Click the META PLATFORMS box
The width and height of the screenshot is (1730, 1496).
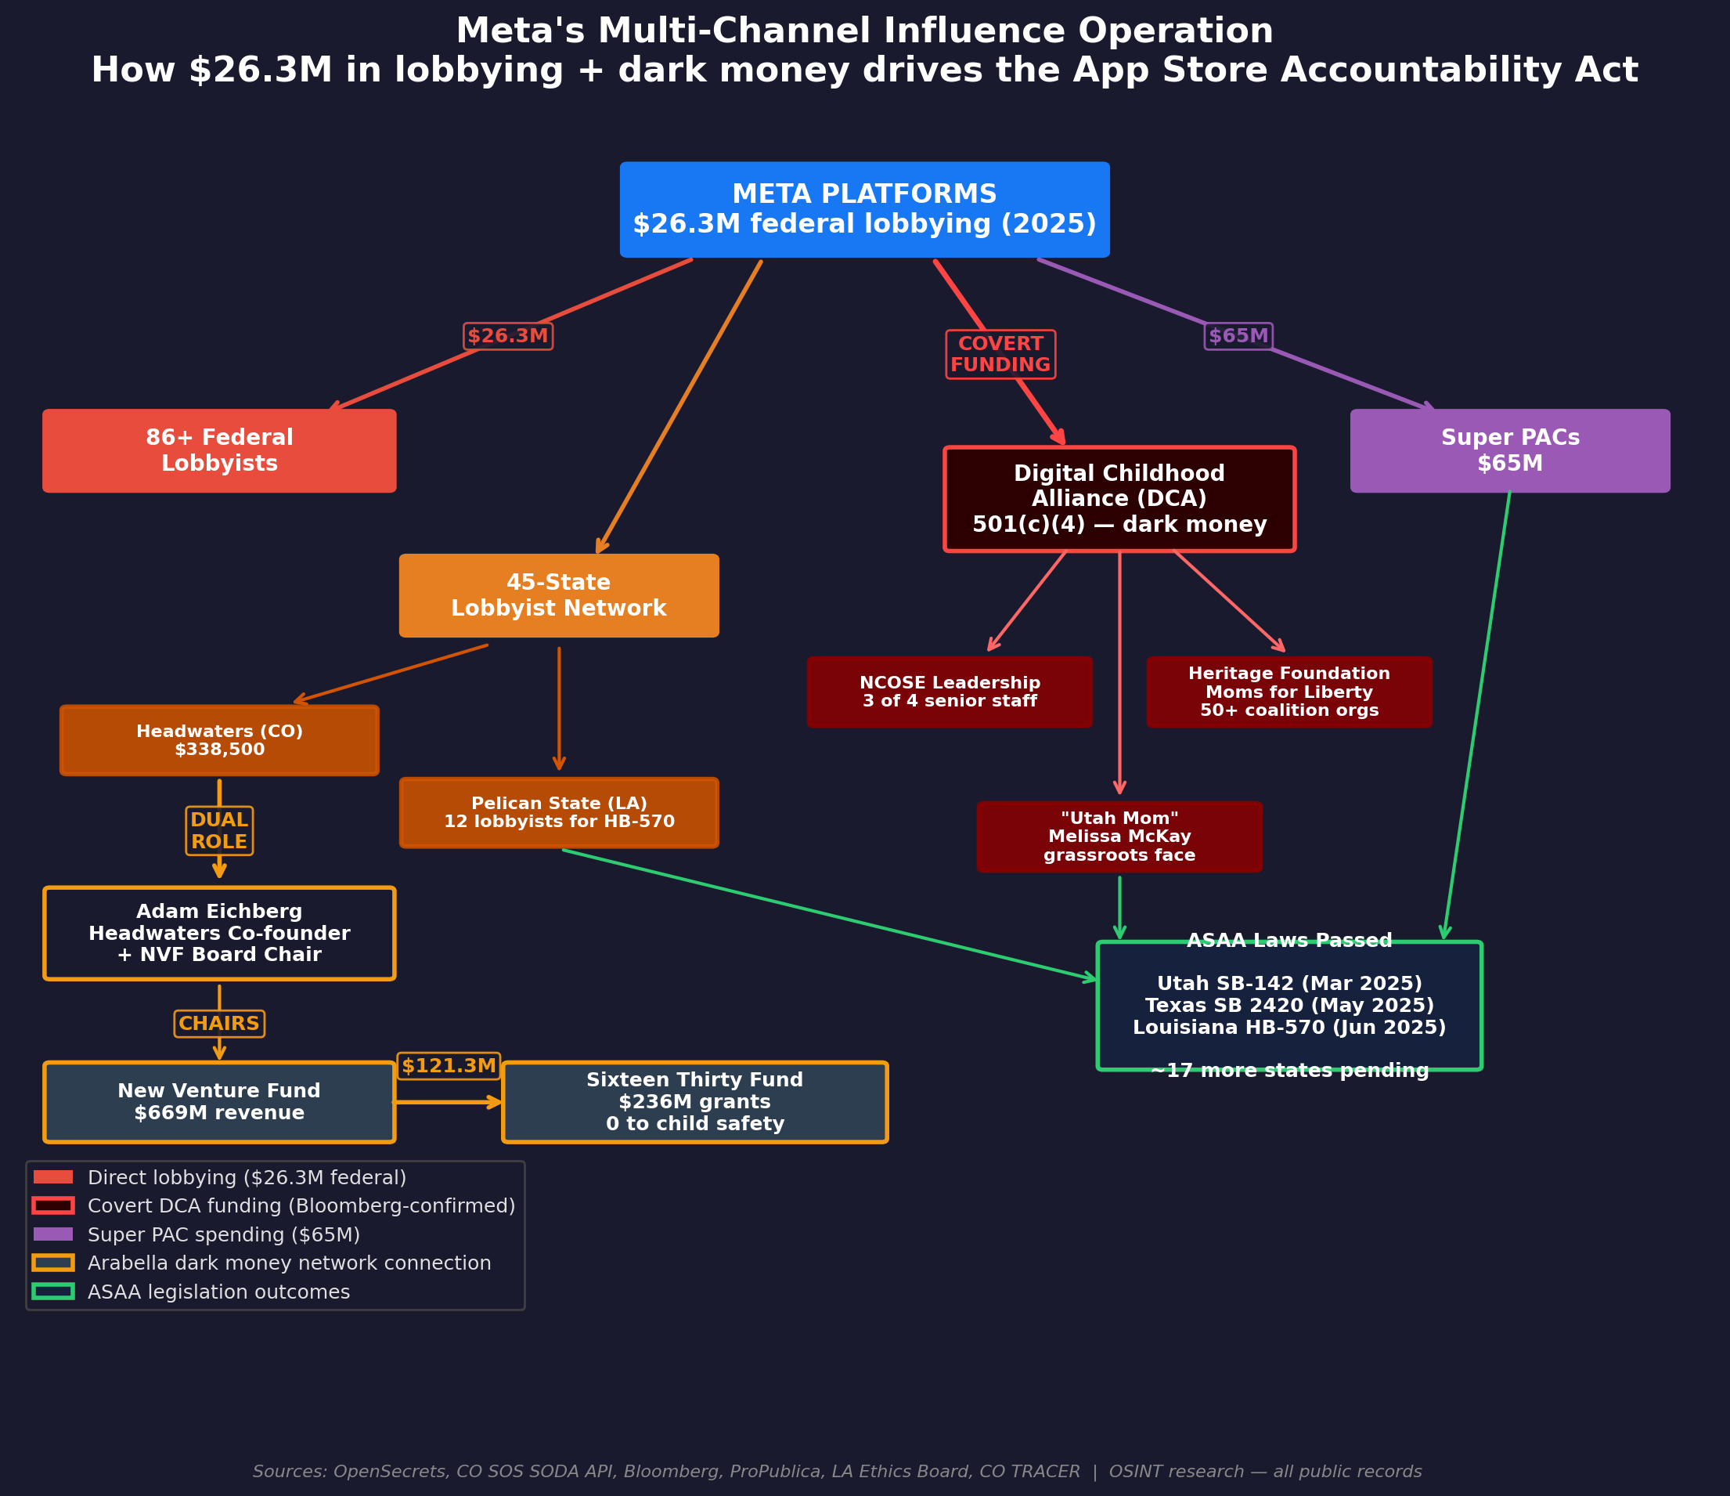click(864, 210)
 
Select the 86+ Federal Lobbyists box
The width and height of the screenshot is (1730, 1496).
click(220, 451)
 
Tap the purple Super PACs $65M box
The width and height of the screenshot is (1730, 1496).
click(1509, 451)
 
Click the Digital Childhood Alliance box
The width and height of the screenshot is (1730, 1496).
click(1119, 500)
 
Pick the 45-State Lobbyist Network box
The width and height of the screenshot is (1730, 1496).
click(559, 595)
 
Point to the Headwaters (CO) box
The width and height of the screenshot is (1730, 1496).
click(220, 741)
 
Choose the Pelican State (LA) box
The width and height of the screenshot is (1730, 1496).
click(559, 813)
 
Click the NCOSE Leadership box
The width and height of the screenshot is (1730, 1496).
click(950, 692)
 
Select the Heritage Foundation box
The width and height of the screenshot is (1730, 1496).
click(1289, 692)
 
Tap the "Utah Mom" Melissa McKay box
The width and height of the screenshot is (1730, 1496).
click(1119, 837)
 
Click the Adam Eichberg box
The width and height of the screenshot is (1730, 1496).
click(220, 933)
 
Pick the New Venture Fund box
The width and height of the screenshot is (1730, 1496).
click(220, 1102)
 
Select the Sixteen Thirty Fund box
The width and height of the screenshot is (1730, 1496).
click(694, 1102)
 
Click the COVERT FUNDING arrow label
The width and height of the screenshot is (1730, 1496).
click(1000, 354)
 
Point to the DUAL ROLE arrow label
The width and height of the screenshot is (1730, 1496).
click(220, 831)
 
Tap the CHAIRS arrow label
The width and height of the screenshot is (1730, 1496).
click(220, 1023)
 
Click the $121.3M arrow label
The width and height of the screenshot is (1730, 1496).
click(449, 1066)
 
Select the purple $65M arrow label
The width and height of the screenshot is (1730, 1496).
click(1238, 336)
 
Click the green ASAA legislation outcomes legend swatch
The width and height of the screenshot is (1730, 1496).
click(53, 1292)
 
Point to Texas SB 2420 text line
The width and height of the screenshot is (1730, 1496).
click(1289, 1006)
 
